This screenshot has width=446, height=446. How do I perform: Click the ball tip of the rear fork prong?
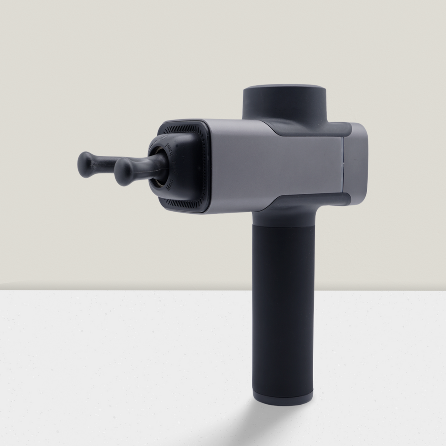[86, 164]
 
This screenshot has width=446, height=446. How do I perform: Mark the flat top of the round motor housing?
[284, 89]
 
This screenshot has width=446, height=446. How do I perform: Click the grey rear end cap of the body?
[356, 163]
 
